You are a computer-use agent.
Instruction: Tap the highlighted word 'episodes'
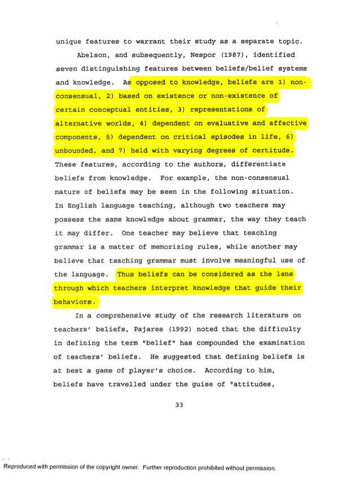(x=222, y=137)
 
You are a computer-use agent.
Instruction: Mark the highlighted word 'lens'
(x=288, y=275)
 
